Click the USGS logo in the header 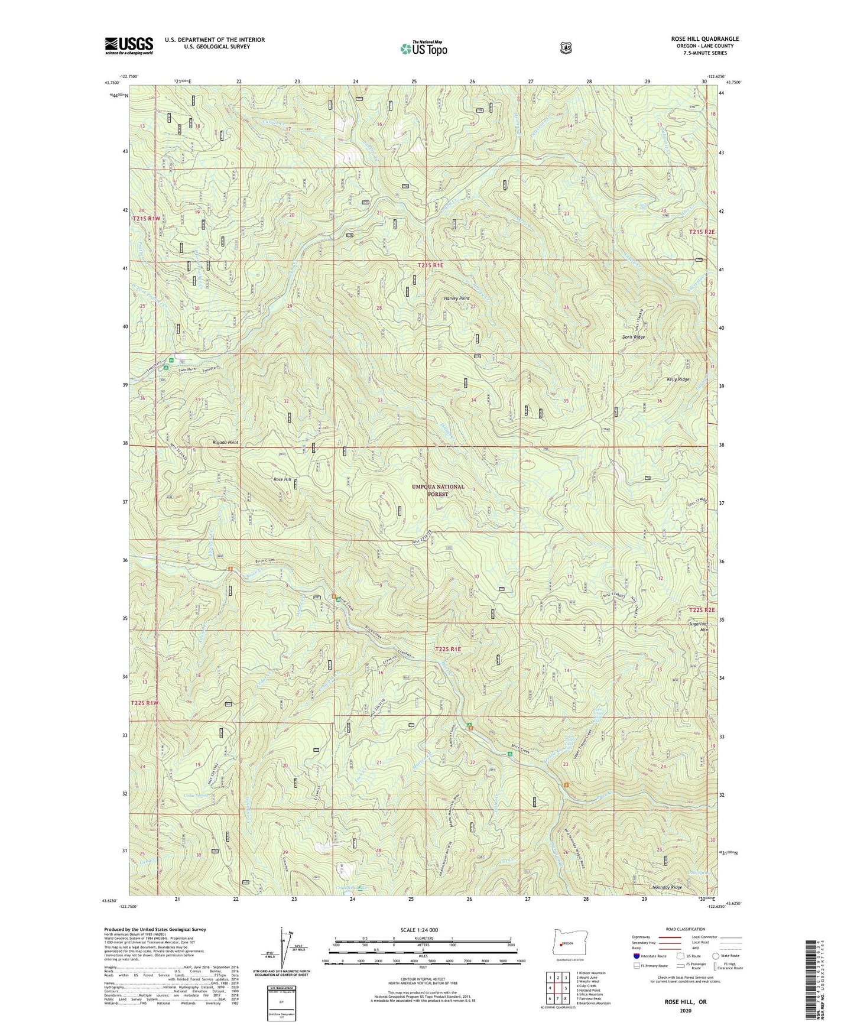[129, 46]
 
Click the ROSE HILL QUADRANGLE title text [704, 39]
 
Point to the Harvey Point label [456, 298]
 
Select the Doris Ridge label [633, 337]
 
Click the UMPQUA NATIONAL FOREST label [438, 490]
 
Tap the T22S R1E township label [447, 649]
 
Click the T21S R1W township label [146, 218]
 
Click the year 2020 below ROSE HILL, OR [685, 1010]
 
